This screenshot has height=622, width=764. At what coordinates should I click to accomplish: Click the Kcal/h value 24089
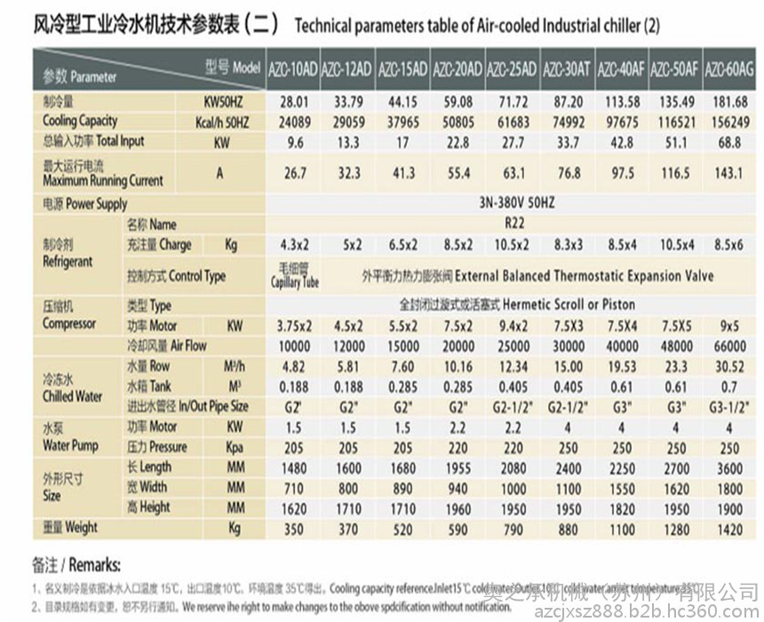click(292, 122)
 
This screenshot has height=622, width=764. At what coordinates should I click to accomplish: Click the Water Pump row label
click(70, 438)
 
